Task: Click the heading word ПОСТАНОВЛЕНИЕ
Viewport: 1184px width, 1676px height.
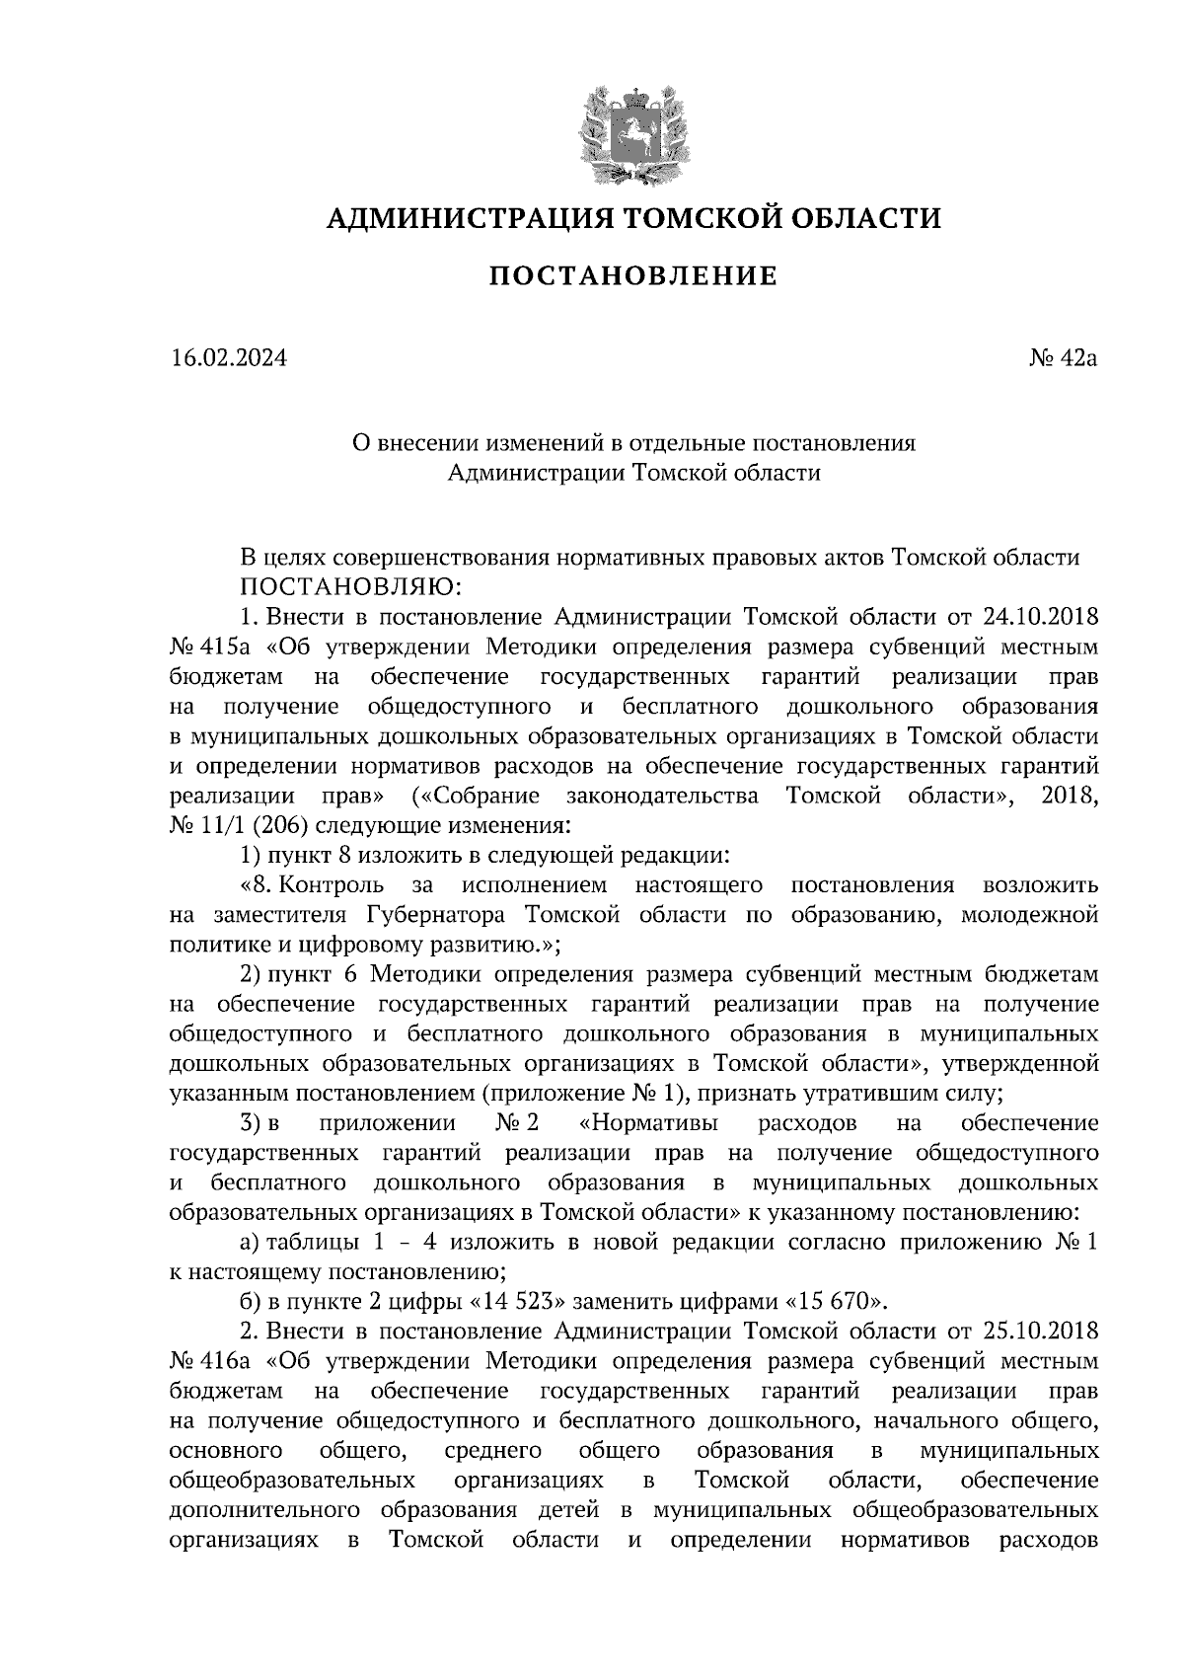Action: [x=633, y=276]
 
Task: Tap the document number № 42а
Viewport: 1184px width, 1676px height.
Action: [x=1062, y=357]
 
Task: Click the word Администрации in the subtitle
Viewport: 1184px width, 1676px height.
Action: [x=536, y=474]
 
